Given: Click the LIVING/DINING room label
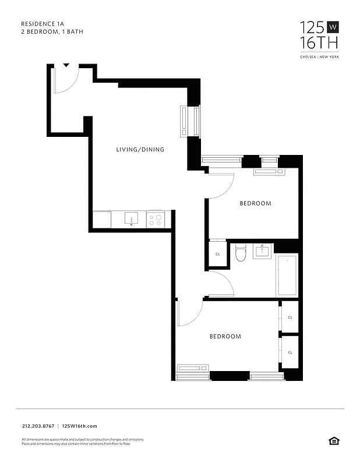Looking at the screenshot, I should [x=140, y=150].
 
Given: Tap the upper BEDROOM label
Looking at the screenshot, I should [x=256, y=203].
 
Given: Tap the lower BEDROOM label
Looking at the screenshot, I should [x=225, y=337].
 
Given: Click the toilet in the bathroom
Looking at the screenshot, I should [x=241, y=254].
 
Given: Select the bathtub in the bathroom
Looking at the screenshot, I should [x=287, y=276].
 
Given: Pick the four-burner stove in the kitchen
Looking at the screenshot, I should [x=156, y=220].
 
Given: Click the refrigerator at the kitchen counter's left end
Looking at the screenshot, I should [x=102, y=220].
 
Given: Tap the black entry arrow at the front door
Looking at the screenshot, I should [x=66, y=65].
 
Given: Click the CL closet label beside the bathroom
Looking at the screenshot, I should [x=218, y=255].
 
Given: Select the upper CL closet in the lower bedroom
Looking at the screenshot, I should [x=290, y=317].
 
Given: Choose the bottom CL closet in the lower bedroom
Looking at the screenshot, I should [x=290, y=352].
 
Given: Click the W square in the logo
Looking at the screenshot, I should [x=333, y=27].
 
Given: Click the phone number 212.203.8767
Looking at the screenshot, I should [x=37, y=426].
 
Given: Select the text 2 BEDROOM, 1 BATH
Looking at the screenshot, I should [x=52, y=32].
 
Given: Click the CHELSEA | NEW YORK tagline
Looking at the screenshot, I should [x=319, y=57].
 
